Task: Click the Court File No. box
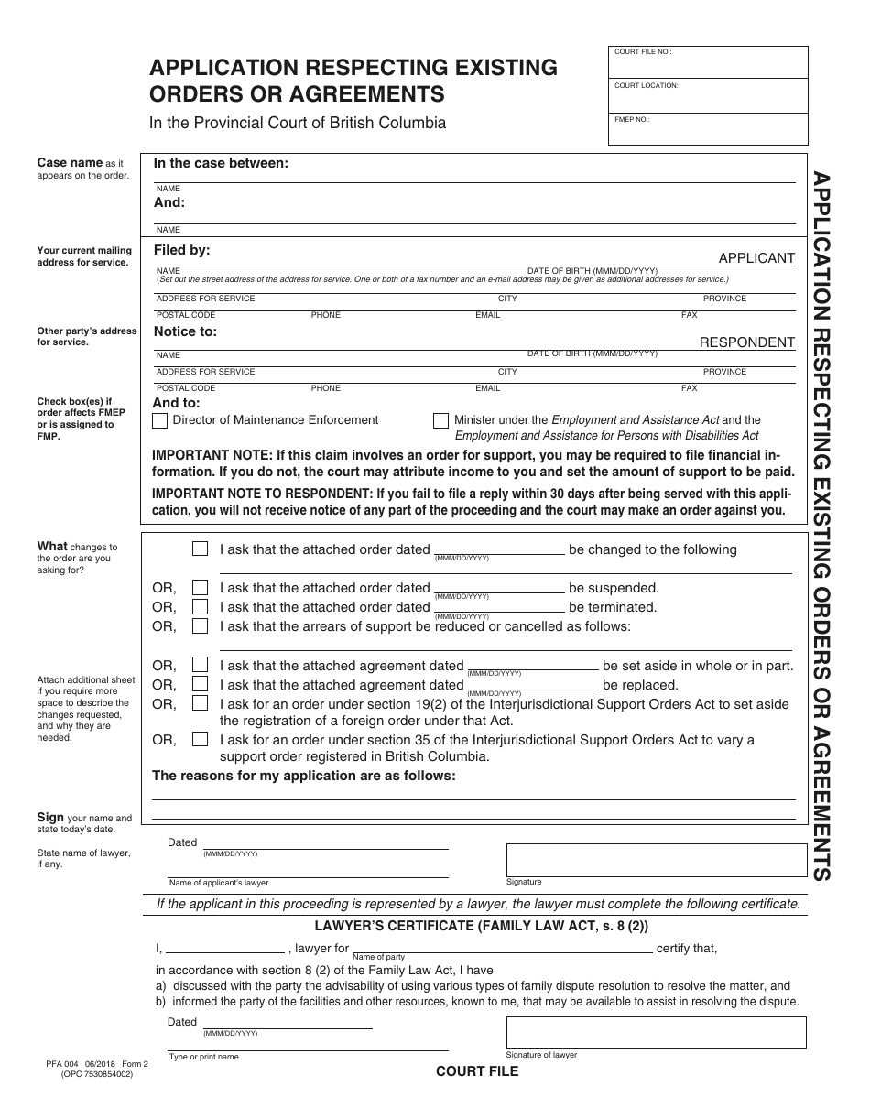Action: click(x=708, y=62)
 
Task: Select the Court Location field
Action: click(x=708, y=95)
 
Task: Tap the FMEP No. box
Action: click(x=708, y=129)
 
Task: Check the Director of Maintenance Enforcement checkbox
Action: click(x=160, y=420)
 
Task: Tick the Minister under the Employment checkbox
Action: click(x=440, y=420)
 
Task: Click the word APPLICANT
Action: click(x=756, y=258)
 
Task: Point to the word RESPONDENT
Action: click(x=747, y=342)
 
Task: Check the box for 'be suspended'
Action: click(x=200, y=588)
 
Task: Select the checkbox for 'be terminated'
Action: click(x=200, y=607)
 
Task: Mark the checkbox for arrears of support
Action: click(x=200, y=626)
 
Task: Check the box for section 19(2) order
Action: click(x=200, y=704)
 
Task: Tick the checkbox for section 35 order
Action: click(x=200, y=740)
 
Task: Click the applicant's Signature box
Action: click(x=656, y=859)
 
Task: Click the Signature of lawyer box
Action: click(x=656, y=1032)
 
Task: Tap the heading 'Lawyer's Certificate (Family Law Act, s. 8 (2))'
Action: click(x=482, y=926)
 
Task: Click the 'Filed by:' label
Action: click(x=182, y=249)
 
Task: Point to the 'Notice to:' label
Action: click(x=186, y=331)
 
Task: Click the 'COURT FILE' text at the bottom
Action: click(x=476, y=1071)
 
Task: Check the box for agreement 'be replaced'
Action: click(x=200, y=685)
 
